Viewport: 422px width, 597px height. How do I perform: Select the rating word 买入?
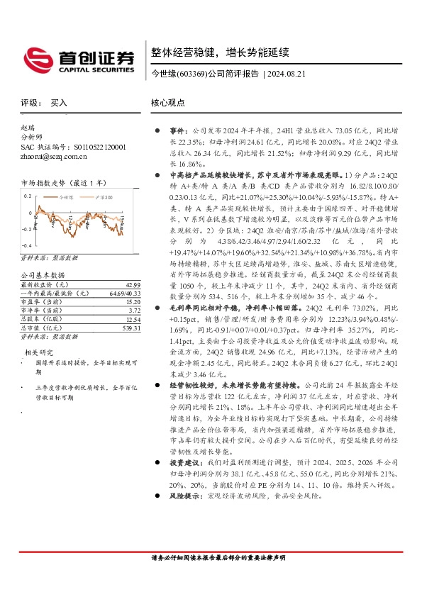pos(59,103)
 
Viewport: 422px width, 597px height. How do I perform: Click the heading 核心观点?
pos(168,103)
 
